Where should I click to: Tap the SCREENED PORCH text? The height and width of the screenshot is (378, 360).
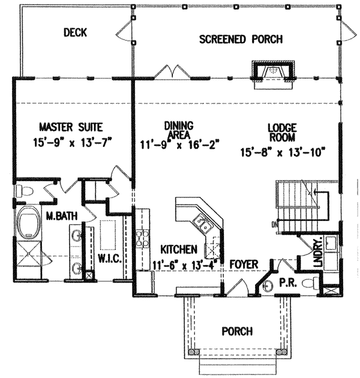coord(241,40)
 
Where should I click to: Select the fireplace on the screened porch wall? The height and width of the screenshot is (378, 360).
coord(274,73)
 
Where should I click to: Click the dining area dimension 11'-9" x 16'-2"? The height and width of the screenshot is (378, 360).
coord(179,145)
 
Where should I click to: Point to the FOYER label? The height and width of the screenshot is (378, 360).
coord(244,264)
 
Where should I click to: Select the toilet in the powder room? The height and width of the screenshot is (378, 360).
coord(309,283)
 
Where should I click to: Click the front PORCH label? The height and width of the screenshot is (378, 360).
coord(237,331)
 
